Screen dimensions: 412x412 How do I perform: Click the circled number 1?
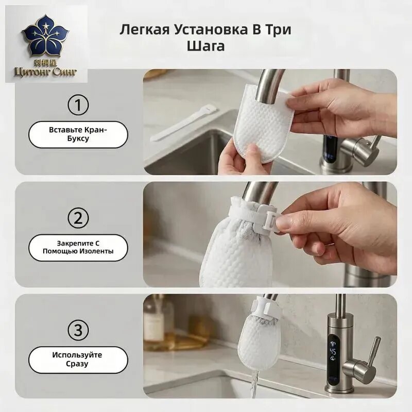coord(78,105)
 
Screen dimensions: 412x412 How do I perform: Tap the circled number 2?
coord(78,218)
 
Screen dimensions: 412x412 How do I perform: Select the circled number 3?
coord(78,330)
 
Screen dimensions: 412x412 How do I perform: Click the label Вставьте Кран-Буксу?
coord(78,134)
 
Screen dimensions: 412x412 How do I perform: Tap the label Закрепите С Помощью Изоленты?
coord(78,248)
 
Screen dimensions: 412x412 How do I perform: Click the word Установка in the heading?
coord(211,29)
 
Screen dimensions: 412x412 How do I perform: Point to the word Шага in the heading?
coord(205,46)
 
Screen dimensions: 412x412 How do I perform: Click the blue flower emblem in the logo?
coord(46,36)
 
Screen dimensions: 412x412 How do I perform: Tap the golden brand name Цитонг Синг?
coord(46,72)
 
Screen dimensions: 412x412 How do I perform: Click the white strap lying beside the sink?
coord(183,122)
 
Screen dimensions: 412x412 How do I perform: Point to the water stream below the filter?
coord(254,384)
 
